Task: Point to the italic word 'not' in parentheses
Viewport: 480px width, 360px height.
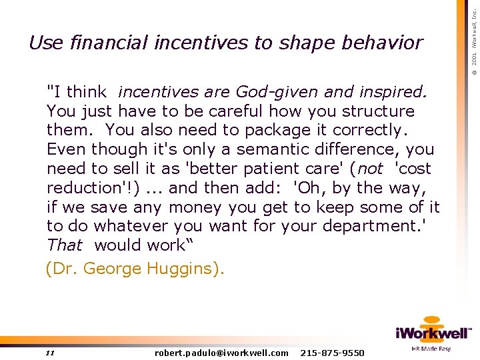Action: pyautogui.click(x=371, y=169)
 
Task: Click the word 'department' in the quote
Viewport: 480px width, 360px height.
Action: pyautogui.click(x=371, y=227)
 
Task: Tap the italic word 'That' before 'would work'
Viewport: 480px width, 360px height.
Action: pyautogui.click(x=65, y=245)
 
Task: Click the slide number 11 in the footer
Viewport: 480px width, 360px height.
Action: pyautogui.click(x=50, y=353)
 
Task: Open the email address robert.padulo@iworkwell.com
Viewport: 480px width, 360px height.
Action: pyautogui.click(x=221, y=353)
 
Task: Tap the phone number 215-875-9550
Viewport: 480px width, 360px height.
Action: pyautogui.click(x=333, y=353)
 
